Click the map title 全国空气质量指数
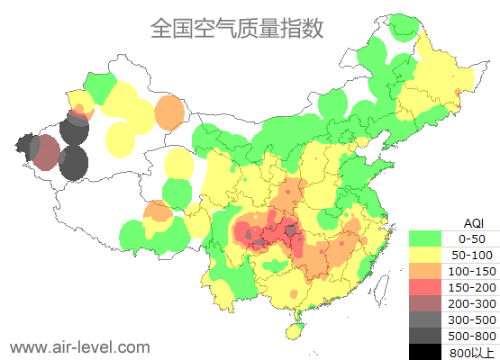236,29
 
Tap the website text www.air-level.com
79,346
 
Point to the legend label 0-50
472,238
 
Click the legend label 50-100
472,255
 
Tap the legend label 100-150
472,271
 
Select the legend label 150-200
472,287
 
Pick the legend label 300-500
472,319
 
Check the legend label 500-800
472,336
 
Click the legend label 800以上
472,352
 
